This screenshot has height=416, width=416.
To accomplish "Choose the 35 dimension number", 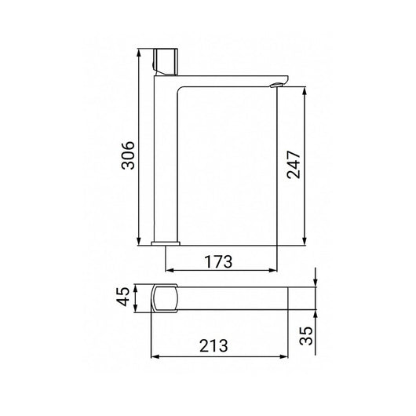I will [316, 335].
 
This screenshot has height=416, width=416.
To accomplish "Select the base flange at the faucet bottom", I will [166, 242].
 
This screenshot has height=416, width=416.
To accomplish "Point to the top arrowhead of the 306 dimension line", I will [140, 51].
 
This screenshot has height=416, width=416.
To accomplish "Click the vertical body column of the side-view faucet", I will [166, 157].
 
